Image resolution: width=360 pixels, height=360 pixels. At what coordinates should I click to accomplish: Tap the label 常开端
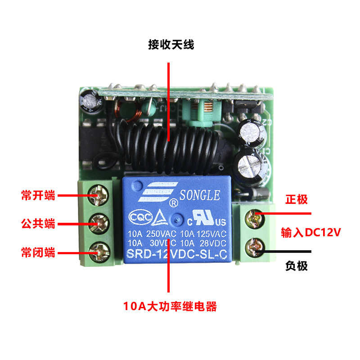coord(38,196)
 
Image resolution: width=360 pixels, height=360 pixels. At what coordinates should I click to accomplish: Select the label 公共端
coord(38,223)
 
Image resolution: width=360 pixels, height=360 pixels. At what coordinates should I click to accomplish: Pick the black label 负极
coord(297,265)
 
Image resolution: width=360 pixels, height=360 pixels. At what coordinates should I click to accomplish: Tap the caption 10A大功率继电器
coord(170,307)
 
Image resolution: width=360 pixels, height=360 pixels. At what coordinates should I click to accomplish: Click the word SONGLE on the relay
coord(200,196)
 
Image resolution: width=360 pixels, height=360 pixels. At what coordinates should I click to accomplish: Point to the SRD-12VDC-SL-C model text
coord(177,254)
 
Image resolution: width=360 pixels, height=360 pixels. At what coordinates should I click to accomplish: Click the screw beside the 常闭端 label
coord(99,251)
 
